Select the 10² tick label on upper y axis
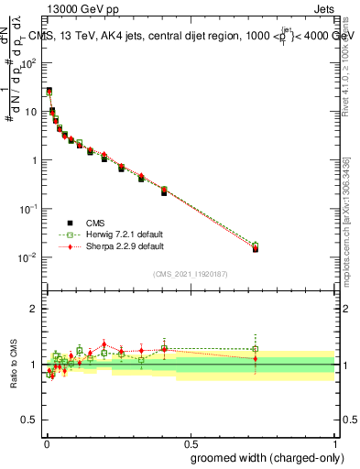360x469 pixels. (x=29, y=63)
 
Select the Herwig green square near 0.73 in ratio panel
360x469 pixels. (x=256, y=349)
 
